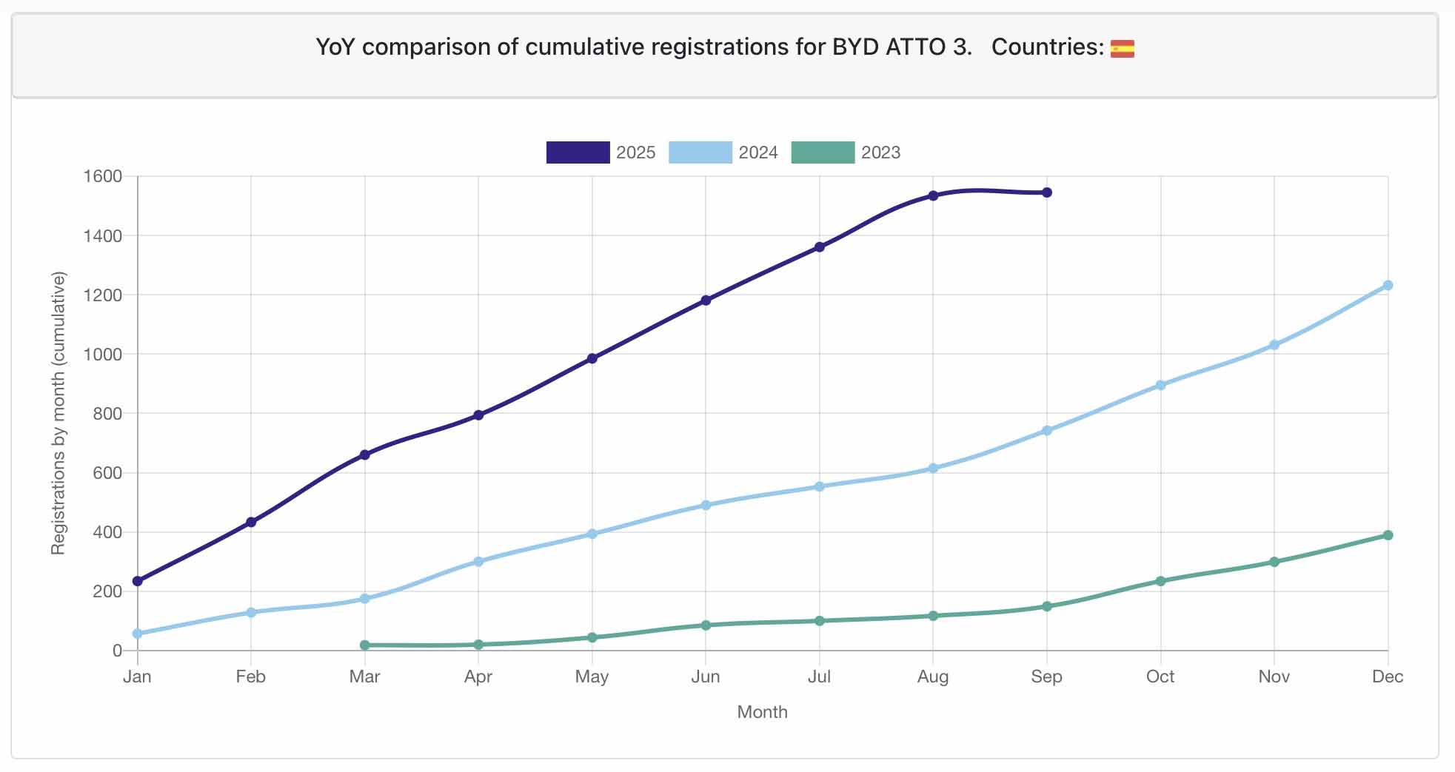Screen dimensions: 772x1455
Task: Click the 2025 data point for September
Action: [1046, 192]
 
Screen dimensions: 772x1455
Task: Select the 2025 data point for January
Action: [138, 581]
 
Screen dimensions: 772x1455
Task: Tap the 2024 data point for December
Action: [1388, 286]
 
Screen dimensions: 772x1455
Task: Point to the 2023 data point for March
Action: [365, 645]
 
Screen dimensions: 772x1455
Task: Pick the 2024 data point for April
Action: [478, 562]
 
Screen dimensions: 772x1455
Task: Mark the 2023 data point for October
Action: [1160, 581]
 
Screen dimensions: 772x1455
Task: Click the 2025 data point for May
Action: [592, 359]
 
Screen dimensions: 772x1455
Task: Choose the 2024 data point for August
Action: [933, 469]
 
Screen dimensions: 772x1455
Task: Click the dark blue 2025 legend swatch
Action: [578, 152]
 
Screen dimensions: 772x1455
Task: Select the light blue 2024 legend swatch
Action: [700, 152]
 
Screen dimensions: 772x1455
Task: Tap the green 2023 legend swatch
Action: [823, 152]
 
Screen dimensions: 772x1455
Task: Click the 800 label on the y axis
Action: [107, 414]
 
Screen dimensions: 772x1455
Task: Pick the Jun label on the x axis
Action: [706, 677]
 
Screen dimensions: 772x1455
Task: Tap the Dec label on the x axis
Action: [1388, 677]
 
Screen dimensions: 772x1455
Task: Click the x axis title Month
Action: [762, 712]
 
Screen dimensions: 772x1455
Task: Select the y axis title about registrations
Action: [58, 413]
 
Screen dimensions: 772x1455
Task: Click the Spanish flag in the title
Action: [1123, 48]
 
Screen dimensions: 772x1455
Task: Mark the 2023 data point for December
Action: [1388, 535]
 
